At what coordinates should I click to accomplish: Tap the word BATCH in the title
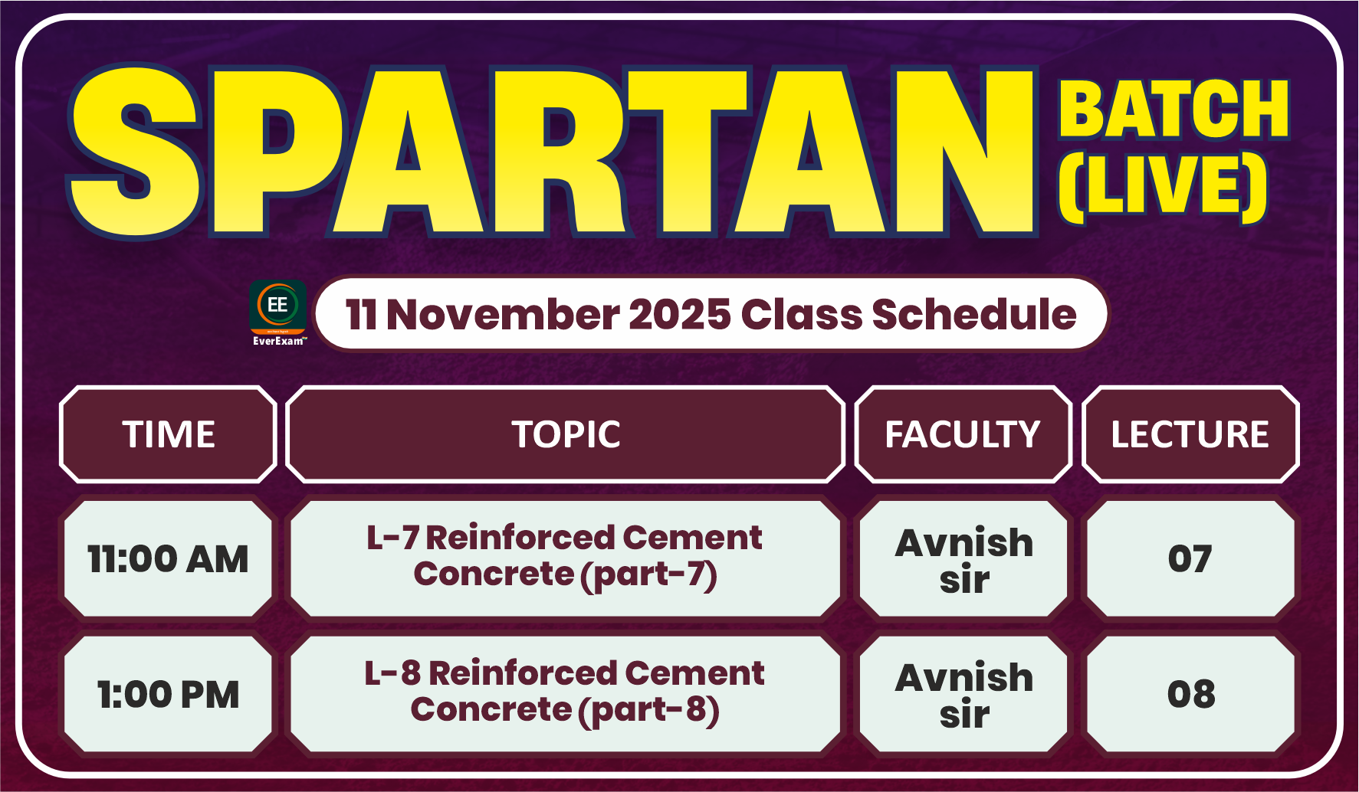tap(1174, 110)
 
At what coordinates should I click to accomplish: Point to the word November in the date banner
tap(503, 315)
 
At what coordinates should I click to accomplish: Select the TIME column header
tap(169, 434)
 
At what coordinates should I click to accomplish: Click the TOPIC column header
tap(566, 434)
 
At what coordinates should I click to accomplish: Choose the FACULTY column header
tap(963, 434)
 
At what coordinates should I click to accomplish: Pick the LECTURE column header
tap(1190, 434)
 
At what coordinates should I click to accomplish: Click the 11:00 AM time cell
tap(168, 558)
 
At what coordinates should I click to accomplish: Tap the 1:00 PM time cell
tap(168, 695)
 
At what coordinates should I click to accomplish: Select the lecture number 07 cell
tap(1190, 558)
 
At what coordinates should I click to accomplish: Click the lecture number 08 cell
tap(1190, 694)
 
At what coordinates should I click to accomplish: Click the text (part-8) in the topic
tap(648, 710)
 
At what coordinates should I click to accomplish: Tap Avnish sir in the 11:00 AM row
tap(963, 560)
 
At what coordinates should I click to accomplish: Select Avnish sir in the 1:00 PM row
tap(963, 695)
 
